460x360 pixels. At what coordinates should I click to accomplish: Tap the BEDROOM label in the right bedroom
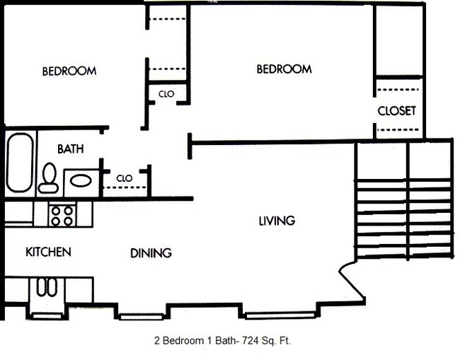(x=283, y=69)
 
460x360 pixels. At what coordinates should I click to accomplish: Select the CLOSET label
(x=396, y=111)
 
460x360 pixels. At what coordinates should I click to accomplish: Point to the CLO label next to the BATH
(x=125, y=178)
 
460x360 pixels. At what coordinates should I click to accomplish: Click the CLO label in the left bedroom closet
(x=166, y=93)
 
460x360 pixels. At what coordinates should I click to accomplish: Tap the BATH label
(x=70, y=149)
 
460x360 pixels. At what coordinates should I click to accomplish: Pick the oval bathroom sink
(x=80, y=181)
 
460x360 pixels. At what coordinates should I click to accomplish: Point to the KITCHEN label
(x=48, y=252)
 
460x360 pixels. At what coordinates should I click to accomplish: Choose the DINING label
(x=151, y=252)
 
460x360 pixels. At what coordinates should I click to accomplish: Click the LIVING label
(x=276, y=221)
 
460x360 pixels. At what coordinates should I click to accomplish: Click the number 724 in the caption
(x=244, y=340)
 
